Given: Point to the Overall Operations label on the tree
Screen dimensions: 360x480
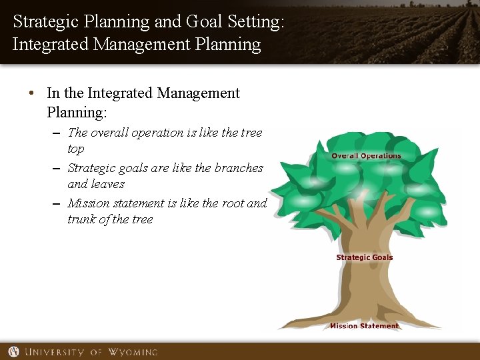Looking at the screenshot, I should coord(366,156).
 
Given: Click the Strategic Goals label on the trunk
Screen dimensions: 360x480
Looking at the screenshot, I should coord(365,257).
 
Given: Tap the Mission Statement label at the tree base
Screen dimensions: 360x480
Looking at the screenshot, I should coord(364,326).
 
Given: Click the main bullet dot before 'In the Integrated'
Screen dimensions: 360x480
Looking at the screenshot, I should coord(33,94).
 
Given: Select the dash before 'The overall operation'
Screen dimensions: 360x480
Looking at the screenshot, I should coord(58,133).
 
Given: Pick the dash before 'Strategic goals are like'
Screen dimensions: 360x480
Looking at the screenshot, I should coord(58,169).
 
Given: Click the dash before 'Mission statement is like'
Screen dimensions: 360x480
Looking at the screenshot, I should coord(58,204).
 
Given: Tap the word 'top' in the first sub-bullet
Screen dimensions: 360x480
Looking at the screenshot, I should coord(76,149).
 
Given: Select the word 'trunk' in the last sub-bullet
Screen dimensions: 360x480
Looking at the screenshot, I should coord(82,219).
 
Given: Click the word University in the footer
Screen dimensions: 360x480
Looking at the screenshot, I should coord(54,351).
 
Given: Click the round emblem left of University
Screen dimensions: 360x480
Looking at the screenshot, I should coord(13,351).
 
